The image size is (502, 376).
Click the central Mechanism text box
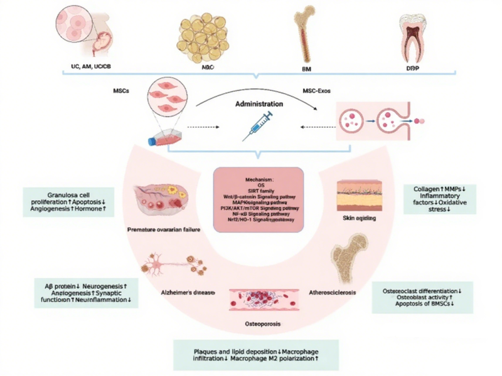click(259, 199)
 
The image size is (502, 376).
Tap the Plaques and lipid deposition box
click(256, 355)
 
